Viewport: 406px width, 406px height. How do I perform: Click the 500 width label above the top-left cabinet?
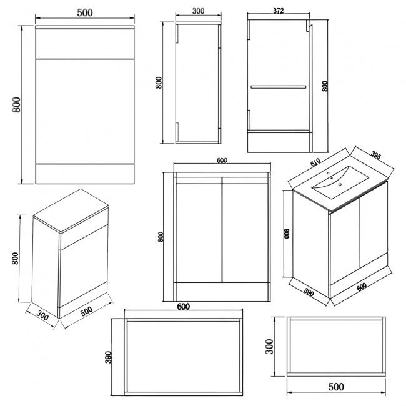point(85,12)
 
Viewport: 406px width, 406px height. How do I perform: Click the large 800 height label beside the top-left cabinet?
point(16,104)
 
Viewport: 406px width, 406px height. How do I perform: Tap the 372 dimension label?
point(279,11)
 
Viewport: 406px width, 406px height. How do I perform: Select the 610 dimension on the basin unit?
point(315,162)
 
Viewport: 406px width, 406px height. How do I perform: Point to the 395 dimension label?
point(375,155)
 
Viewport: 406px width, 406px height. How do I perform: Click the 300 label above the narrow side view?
point(199,11)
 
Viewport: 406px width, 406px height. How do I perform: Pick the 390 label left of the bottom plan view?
point(108,357)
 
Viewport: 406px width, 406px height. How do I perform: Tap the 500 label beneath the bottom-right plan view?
point(336,387)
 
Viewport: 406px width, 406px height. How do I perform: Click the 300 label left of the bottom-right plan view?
point(270,347)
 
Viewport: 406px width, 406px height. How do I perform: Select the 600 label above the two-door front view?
point(222,161)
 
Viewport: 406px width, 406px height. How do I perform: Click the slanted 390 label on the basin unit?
point(309,292)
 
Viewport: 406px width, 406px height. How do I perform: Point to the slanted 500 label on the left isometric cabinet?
point(86,311)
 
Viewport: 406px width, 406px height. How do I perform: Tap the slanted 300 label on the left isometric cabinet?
point(42,315)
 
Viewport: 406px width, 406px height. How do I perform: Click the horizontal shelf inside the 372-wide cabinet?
point(278,87)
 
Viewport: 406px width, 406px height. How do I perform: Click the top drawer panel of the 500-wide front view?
point(85,44)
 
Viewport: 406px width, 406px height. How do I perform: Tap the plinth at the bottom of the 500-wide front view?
point(85,174)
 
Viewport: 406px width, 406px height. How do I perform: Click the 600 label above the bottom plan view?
point(183,307)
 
